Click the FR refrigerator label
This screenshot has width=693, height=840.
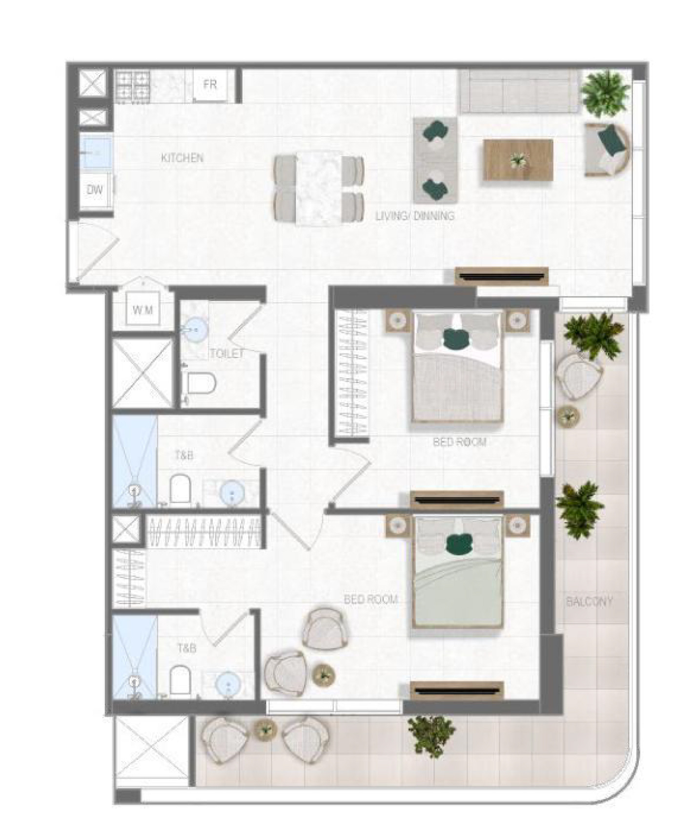[210, 84]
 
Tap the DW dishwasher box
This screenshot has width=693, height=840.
[96, 190]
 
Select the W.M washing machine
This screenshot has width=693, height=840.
[143, 309]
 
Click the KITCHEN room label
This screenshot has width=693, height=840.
[182, 158]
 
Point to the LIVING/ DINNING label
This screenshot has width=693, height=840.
[415, 215]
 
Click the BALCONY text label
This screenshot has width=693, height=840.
[589, 601]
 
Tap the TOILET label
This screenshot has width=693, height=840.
[226, 354]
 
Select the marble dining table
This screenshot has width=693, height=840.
[319, 188]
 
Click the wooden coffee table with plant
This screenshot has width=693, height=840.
[518, 160]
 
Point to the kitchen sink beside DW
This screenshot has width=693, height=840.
[96, 153]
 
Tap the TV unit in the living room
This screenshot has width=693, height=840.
[501, 276]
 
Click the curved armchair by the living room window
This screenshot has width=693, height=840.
[608, 149]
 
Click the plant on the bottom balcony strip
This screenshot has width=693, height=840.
[431, 735]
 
